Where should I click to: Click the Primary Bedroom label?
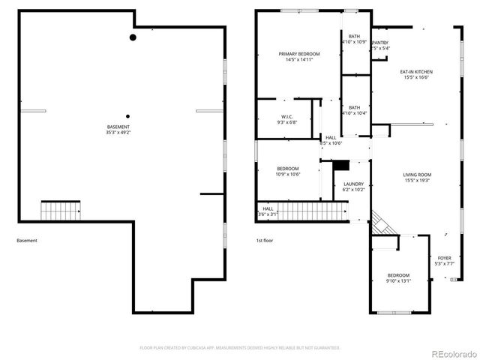click(299, 54)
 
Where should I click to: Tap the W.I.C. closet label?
click(286, 116)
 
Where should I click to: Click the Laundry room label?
click(353, 184)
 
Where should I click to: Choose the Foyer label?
click(445, 257)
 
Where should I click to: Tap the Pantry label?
click(380, 43)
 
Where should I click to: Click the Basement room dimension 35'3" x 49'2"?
click(118, 133)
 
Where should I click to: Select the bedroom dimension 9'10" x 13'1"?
click(398, 281)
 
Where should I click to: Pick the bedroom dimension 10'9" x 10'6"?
click(288, 174)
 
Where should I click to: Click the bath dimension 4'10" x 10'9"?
click(354, 42)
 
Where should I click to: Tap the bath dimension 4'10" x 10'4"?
click(354, 113)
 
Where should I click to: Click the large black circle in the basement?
click(133, 37)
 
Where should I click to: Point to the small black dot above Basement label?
click(128, 115)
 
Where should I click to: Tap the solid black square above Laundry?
click(341, 164)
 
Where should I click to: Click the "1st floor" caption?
click(263, 241)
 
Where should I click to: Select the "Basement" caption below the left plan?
click(26, 241)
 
